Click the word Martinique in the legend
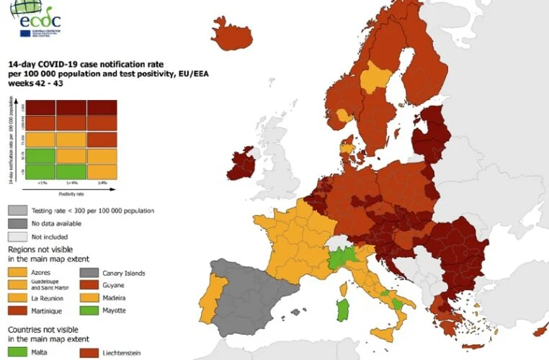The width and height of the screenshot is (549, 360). pyautogui.click(x=49, y=310)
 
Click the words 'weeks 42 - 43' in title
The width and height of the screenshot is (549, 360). pyautogui.click(x=37, y=84)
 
